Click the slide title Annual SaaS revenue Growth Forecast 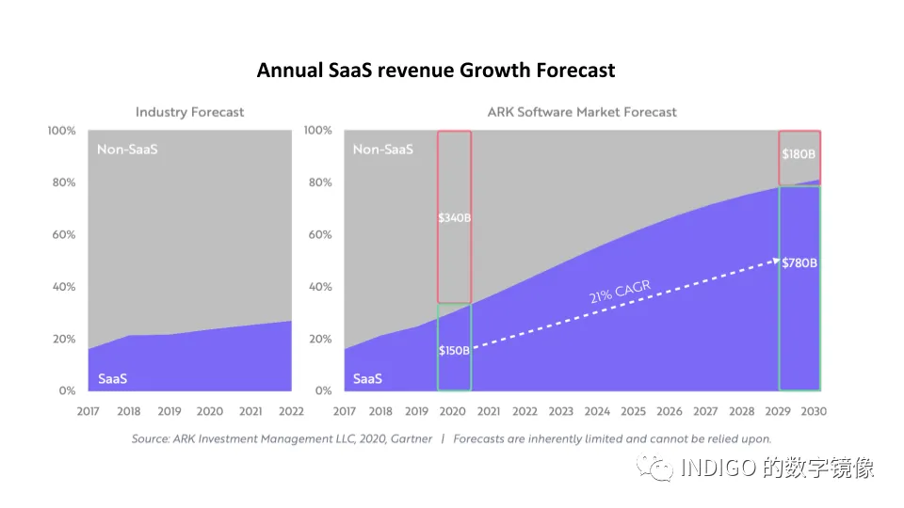[436, 71]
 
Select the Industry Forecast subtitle [189, 112]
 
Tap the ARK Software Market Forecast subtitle [581, 112]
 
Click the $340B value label [454, 217]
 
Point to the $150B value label [454, 350]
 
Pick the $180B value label [799, 153]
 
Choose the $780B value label [799, 262]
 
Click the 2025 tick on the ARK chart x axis [633, 411]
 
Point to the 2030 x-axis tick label [814, 411]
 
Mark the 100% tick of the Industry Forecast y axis [60, 130]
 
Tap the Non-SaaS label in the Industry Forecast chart [127, 150]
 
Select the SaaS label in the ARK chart [367, 379]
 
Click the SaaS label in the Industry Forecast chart [112, 379]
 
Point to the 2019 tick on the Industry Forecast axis [169, 411]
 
